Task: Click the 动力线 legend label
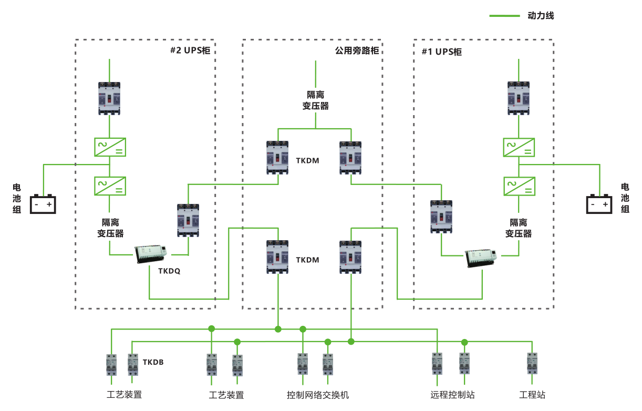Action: [541, 16]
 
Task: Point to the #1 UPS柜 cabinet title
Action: [442, 52]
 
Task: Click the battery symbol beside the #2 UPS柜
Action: [43, 204]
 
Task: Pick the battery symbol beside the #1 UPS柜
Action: [599, 204]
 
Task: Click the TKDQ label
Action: [169, 271]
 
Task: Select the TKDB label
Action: [153, 363]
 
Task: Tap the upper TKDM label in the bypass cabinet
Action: [307, 161]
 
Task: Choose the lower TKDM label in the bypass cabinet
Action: [307, 260]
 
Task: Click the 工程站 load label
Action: [532, 395]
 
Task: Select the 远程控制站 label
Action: [452, 395]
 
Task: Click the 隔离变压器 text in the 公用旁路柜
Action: [315, 100]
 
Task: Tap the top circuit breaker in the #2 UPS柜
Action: [109, 98]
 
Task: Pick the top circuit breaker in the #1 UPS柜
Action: [519, 98]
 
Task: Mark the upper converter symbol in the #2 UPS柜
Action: [109, 147]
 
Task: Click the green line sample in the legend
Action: [504, 16]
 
